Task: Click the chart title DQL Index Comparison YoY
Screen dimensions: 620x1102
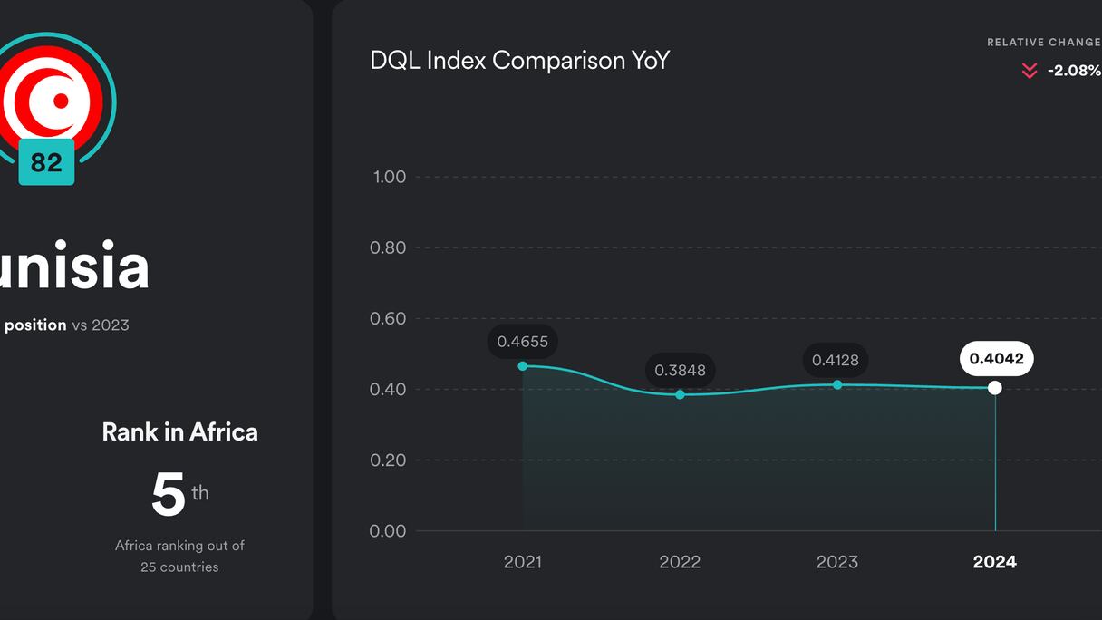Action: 519,61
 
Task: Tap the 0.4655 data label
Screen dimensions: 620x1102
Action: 523,342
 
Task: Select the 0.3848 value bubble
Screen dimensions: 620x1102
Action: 680,370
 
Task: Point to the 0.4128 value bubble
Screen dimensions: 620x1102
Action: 836,360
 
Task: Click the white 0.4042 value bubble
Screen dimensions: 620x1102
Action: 996,359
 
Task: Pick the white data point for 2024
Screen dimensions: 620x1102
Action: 995,388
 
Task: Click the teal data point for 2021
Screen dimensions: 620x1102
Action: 523,366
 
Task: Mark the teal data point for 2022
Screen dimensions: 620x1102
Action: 681,394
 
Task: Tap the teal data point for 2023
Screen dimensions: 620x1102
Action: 837,385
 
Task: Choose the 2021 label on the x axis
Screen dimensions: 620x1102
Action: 523,562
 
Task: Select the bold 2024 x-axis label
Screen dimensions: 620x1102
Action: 995,562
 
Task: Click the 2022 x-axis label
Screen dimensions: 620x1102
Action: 680,562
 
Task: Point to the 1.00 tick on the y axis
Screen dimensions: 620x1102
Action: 390,177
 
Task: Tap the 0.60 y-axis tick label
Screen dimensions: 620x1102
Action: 388,318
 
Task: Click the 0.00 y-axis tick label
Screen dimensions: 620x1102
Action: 388,531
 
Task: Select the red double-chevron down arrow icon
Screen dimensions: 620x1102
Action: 1029,71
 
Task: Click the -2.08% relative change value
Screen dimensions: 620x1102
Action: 1074,71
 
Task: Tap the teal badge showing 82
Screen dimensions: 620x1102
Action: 46,162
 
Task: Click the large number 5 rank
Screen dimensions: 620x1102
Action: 169,495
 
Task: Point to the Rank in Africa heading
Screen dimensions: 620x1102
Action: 179,431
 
